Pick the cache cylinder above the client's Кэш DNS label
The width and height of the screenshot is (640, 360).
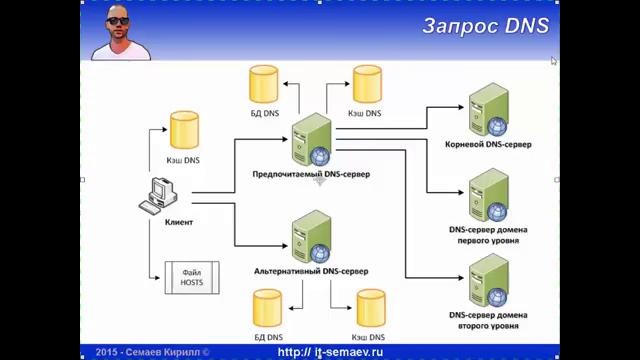[x=184, y=130]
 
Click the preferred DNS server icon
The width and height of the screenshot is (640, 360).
[x=311, y=141]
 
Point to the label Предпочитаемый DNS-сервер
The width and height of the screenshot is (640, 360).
[x=311, y=174]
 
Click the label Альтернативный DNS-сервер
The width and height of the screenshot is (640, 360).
[x=311, y=271]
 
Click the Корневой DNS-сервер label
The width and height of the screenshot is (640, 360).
[x=488, y=144]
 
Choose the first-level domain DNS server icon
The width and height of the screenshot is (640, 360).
[x=488, y=195]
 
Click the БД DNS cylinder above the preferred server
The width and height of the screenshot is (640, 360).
[x=265, y=84]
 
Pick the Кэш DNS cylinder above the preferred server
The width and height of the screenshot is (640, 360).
[x=364, y=84]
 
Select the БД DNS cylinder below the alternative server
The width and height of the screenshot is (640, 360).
[x=267, y=308]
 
